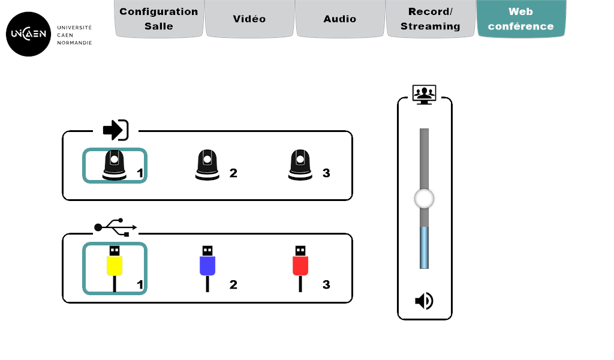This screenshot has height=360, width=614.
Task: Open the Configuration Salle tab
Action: pyautogui.click(x=159, y=19)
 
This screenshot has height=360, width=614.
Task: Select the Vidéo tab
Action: pyautogui.click(x=249, y=19)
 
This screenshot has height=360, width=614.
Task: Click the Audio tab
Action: pyautogui.click(x=340, y=19)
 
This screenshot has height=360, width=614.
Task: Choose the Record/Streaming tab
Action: pyautogui.click(x=431, y=19)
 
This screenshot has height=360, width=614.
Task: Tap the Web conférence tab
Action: pyautogui.click(x=521, y=19)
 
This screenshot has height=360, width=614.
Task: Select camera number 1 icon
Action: pyautogui.click(x=115, y=165)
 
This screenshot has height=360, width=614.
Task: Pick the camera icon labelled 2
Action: pyautogui.click(x=207, y=165)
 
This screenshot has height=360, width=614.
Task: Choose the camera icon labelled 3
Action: pyautogui.click(x=300, y=165)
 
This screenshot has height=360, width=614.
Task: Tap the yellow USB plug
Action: pyautogui.click(x=115, y=264)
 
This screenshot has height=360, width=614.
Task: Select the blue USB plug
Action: pyautogui.click(x=207, y=264)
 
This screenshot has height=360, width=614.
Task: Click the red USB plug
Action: pyautogui.click(x=300, y=264)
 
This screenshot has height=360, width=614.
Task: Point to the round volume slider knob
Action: pyautogui.click(x=424, y=199)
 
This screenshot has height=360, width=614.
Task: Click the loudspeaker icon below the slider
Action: pyautogui.click(x=424, y=301)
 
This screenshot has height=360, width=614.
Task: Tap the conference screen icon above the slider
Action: pyautogui.click(x=425, y=94)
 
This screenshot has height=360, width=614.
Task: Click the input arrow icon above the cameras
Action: pyautogui.click(x=116, y=130)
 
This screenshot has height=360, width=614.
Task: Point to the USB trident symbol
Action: pyautogui.click(x=115, y=227)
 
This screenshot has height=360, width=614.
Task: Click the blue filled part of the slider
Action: pyautogui.click(x=424, y=247)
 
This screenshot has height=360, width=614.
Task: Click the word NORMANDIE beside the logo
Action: pyautogui.click(x=74, y=43)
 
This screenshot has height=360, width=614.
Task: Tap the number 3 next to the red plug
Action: pyautogui.click(x=326, y=284)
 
